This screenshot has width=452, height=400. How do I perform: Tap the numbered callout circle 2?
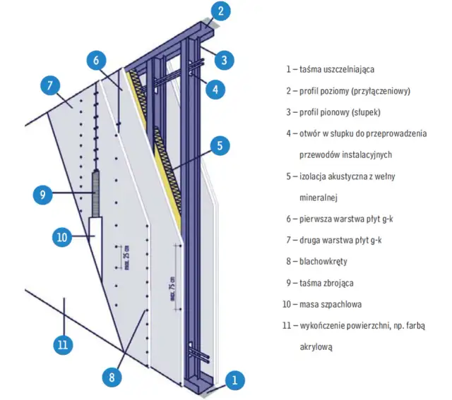221,11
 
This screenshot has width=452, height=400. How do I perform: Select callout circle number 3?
223,59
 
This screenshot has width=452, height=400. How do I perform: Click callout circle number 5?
220,146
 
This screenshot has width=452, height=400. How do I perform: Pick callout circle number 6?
97,60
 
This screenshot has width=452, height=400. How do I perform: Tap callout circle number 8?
110,377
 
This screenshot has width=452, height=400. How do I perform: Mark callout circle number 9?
42,192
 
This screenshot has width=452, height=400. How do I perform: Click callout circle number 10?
62,237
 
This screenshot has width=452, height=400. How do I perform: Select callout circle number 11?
62,344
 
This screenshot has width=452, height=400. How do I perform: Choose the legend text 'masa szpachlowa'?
324,304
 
